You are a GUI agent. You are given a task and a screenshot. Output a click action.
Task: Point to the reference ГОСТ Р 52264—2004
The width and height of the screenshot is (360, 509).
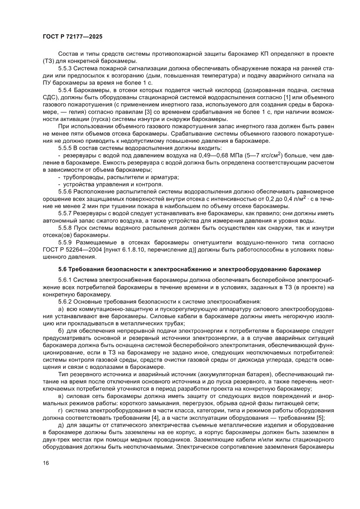click(x=74, y=249)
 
